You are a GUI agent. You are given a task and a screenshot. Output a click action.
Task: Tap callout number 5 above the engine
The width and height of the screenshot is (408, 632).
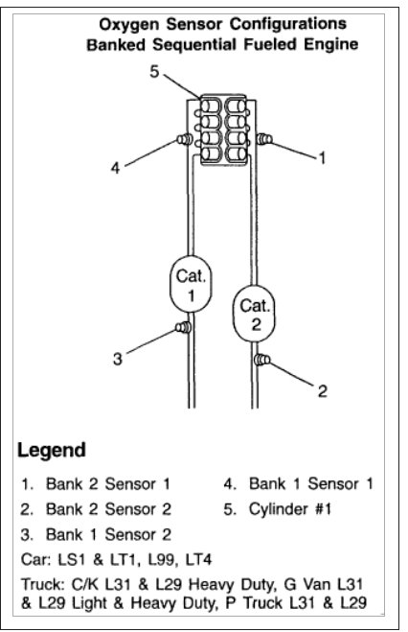coord(153,71)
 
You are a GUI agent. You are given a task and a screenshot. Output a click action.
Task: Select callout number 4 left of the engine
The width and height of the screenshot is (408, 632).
coord(115,166)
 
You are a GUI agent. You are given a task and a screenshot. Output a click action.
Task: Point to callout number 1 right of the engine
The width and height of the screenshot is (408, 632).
coord(322,157)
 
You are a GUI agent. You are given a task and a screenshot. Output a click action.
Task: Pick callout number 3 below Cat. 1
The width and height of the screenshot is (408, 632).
coord(117,359)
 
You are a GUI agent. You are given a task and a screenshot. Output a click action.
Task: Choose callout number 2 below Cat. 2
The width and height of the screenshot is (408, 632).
coord(322,390)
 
